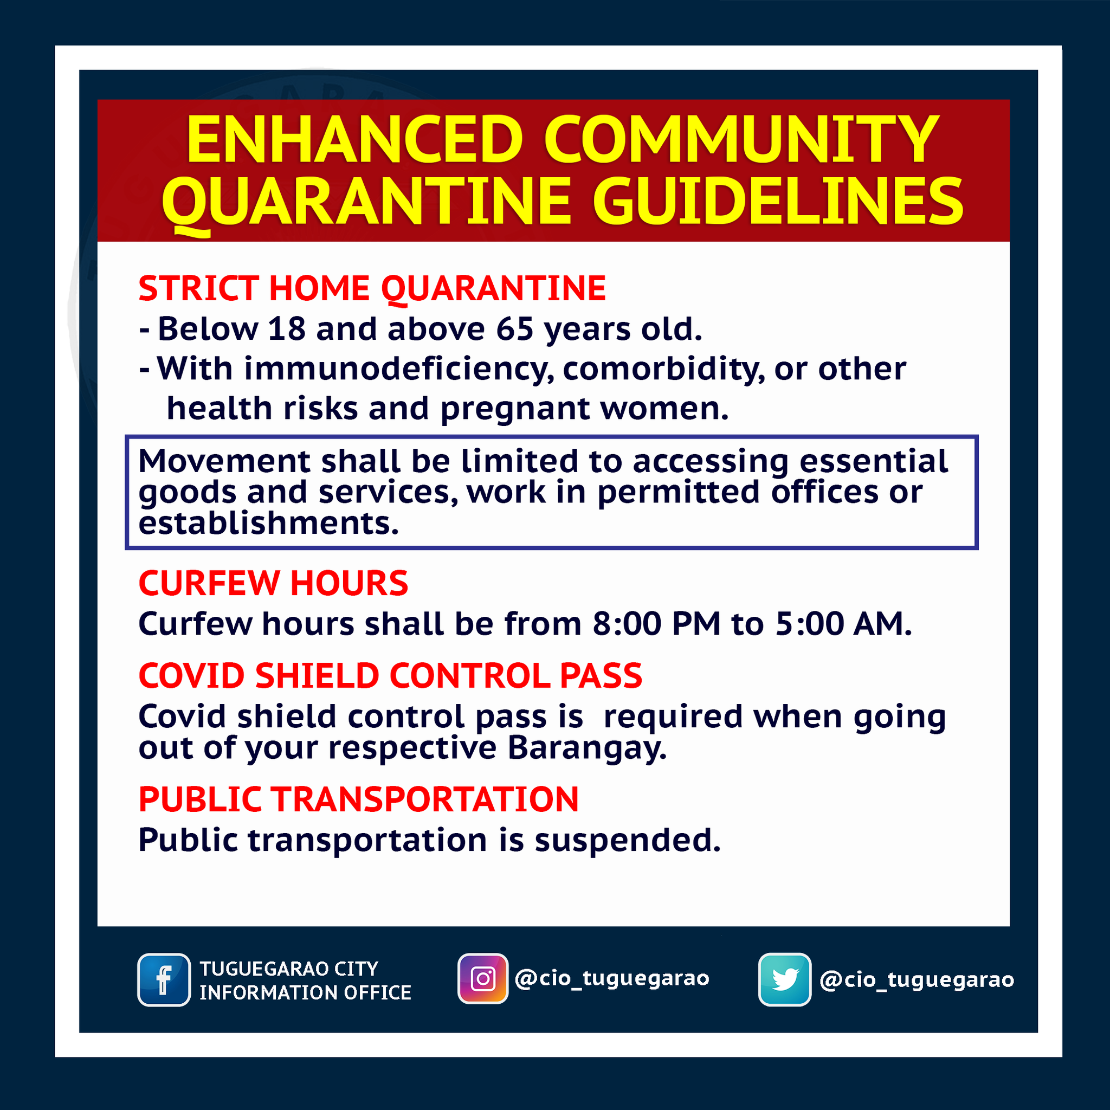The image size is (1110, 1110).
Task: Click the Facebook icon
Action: point(164,979)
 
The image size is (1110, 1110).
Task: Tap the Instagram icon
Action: point(482,978)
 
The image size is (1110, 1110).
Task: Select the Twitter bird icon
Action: point(785,979)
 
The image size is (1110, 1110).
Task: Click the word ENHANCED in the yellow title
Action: point(354,140)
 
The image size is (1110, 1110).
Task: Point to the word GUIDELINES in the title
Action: point(778,201)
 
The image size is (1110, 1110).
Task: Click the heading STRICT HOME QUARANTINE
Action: point(372,288)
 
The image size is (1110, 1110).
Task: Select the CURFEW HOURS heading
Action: point(274,583)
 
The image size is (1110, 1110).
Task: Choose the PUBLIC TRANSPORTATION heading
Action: point(358,799)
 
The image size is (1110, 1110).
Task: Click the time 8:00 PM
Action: point(657,624)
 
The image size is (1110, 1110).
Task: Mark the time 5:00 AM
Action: point(843,624)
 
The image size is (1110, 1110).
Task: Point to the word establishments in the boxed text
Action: point(268,524)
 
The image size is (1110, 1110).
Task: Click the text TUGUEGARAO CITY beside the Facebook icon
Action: point(289,969)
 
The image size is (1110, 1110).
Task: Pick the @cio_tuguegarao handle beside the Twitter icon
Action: point(917,980)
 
